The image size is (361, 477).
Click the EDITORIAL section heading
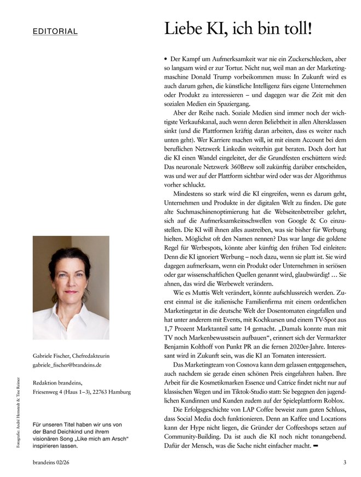point(55,31)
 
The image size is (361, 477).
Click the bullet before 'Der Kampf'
point(166,59)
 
